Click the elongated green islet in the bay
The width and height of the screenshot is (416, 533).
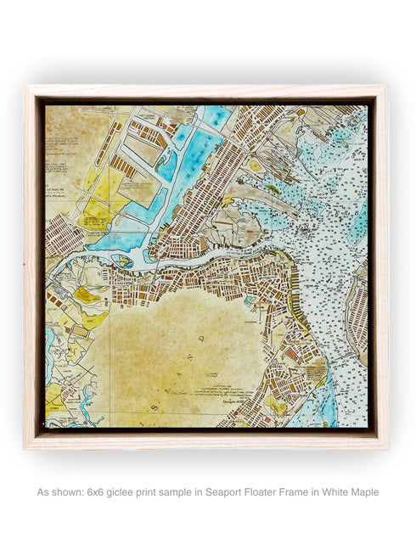tap(272, 189)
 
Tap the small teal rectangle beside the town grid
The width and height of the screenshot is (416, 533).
tap(250, 300)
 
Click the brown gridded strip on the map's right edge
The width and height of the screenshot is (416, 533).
tap(357, 318)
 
